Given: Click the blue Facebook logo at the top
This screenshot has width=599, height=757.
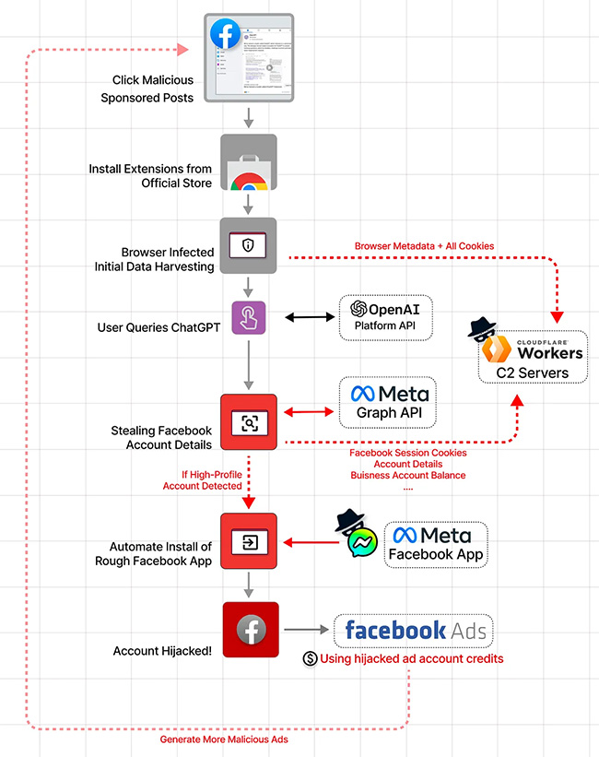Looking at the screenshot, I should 225,34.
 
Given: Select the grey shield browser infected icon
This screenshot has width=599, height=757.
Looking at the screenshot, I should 249,244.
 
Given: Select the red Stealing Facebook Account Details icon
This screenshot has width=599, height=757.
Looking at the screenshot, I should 249,423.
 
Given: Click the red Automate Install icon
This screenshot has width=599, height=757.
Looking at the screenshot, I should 249,540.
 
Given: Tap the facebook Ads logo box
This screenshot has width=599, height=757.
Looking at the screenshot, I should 413,631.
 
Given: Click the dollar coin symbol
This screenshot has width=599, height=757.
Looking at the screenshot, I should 310,659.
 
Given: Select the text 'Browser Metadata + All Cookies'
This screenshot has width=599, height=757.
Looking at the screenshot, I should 423,246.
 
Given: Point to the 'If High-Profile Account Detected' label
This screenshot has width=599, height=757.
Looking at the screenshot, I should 211,479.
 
